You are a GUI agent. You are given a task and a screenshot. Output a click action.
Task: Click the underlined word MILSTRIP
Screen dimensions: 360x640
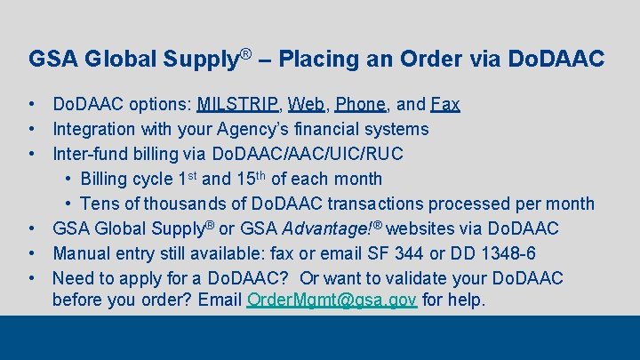click(x=237, y=104)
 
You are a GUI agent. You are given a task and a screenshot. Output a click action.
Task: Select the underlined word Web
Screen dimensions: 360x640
click(x=306, y=104)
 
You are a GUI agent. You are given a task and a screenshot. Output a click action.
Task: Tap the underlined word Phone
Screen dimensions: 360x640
click(x=361, y=104)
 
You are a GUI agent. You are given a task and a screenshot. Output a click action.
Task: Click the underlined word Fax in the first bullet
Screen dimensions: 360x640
click(x=445, y=104)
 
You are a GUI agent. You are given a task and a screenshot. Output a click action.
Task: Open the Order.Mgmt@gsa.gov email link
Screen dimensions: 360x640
click(x=332, y=300)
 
